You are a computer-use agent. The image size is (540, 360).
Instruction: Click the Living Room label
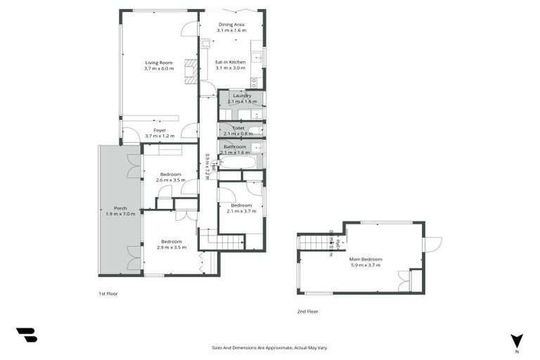(158, 62)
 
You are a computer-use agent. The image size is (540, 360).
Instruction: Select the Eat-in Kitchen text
(230, 62)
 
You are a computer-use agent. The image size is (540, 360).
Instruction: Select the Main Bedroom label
(366, 259)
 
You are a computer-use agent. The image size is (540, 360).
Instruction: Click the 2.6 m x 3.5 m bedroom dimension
(171, 180)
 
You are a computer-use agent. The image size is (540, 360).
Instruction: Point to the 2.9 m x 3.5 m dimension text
(171, 248)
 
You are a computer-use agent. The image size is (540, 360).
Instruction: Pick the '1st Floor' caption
(108, 292)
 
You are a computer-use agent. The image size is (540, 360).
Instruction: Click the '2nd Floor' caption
(308, 311)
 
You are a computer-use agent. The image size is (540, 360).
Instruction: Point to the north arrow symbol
(517, 340)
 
